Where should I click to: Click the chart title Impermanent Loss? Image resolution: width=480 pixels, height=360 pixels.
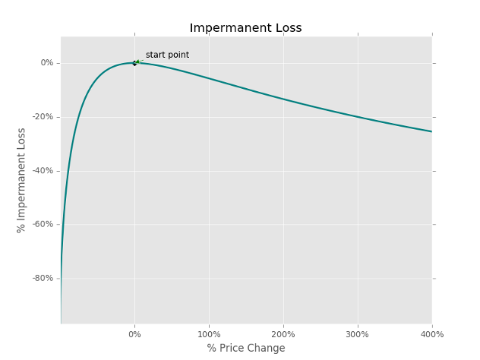click(245, 28)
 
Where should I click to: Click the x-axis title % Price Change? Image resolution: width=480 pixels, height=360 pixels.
click(246, 348)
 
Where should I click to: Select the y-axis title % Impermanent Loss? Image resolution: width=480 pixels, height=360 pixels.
click(22, 180)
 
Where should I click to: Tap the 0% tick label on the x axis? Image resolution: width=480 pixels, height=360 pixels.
click(134, 334)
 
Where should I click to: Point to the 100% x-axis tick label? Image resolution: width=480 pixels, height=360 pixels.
click(209, 334)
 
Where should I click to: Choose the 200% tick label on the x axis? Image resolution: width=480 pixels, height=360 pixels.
click(283, 334)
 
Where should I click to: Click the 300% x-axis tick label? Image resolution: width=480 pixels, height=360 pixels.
click(357, 334)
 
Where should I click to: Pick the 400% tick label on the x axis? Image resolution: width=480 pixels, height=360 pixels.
click(431, 334)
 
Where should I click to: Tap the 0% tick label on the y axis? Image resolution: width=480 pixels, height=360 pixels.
click(47, 63)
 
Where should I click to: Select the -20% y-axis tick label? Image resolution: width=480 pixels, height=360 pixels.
click(43, 117)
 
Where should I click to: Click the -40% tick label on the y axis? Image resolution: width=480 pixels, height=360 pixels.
click(43, 171)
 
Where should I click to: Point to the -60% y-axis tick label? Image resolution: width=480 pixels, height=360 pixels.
click(43, 224)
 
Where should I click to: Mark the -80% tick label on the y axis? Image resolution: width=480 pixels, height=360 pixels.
click(43, 278)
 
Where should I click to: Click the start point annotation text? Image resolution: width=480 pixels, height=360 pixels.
click(167, 55)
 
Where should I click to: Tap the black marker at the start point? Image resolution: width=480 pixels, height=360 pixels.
click(134, 63)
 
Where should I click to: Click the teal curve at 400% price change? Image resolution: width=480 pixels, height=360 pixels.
click(431, 131)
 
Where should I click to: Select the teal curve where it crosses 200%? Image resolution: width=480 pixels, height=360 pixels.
click(283, 99)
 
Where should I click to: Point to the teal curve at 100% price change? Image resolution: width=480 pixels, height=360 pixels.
click(209, 78)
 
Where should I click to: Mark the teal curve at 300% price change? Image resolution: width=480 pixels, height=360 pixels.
click(357, 117)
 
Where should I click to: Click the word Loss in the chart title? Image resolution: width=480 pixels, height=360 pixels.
click(286, 28)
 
